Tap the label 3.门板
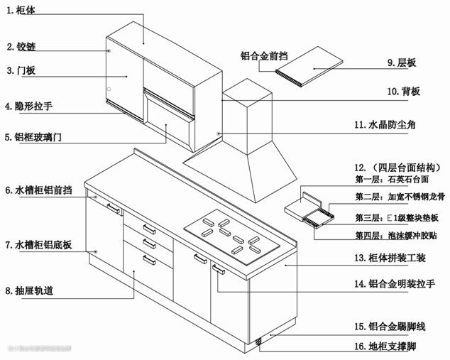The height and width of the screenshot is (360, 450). click(x=21, y=70)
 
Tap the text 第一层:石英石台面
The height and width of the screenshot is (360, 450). click(x=389, y=181)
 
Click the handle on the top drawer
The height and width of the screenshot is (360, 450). click(x=149, y=229)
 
